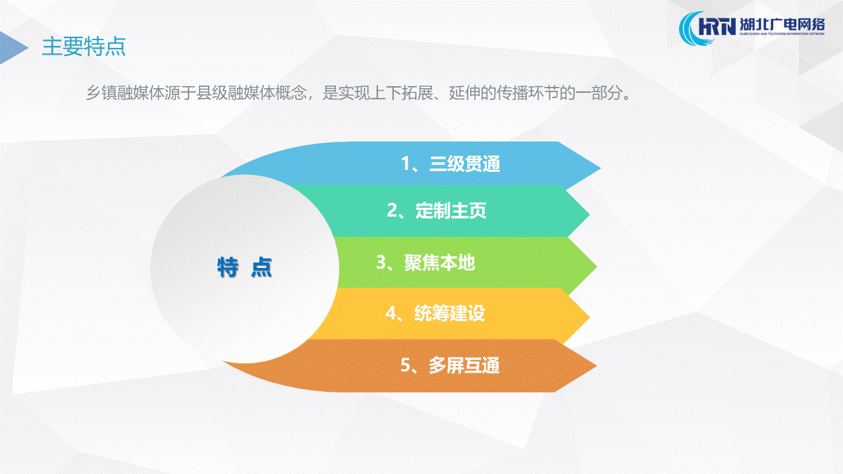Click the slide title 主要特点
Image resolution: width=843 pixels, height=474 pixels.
[84, 47]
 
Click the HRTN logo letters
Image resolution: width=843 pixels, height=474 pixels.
[717, 27]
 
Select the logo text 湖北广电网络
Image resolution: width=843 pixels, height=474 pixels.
[782, 25]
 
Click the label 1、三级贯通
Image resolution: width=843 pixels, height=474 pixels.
[450, 164]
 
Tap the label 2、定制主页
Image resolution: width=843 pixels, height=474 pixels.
[437, 210]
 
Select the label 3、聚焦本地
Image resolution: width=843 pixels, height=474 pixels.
[425, 262]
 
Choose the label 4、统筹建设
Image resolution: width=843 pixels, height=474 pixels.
[435, 313]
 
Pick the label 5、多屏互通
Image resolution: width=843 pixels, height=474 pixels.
[450, 365]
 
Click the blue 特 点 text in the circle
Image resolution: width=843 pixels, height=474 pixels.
[244, 267]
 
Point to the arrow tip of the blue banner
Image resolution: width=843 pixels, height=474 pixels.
[601, 168]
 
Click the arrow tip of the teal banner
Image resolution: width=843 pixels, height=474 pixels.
[589, 215]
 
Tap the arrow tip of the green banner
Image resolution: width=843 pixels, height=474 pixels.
[597, 267]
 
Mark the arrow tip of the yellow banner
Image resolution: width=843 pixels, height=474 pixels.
[589, 318]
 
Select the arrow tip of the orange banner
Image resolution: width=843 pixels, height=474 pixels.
[597, 365]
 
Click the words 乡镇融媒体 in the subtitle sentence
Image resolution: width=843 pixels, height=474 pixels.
[125, 93]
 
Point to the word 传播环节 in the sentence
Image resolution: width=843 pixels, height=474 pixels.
[528, 93]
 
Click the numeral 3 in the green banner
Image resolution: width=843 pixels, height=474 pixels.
[381, 262]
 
